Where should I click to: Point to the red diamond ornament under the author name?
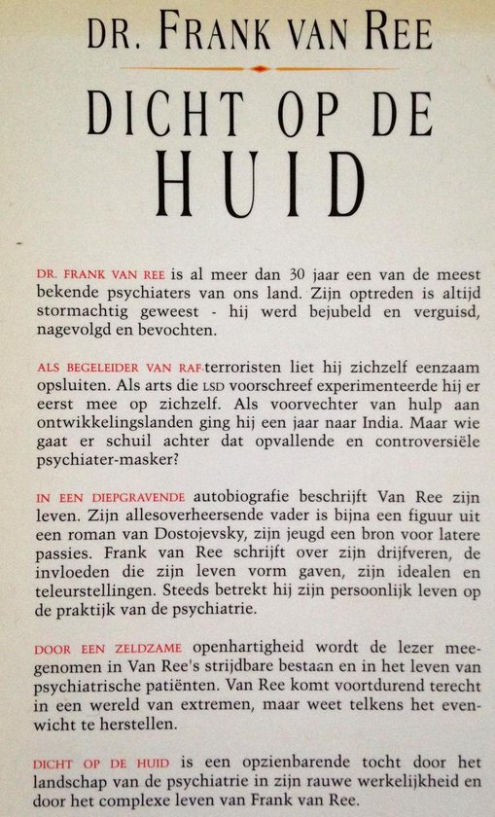(257, 69)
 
